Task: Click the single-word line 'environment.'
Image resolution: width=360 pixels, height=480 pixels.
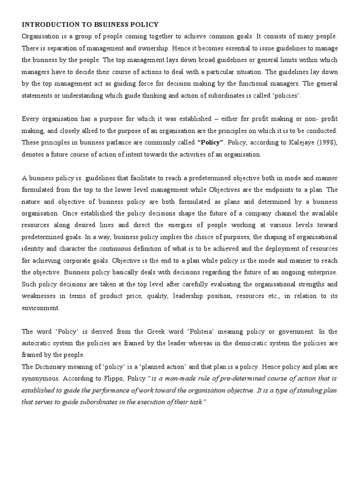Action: click(41, 308)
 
